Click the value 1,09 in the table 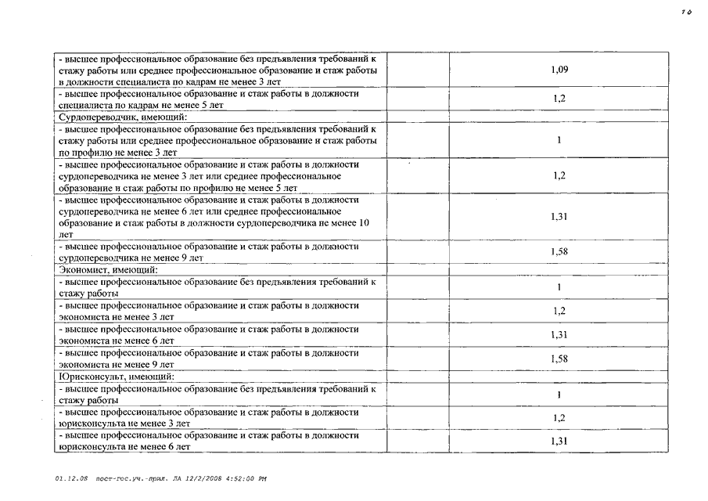coord(559,70)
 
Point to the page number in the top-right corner coord(686,12)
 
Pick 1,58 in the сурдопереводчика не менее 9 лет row coord(559,251)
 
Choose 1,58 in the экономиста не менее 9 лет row coord(559,358)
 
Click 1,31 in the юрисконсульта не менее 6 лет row coord(559,441)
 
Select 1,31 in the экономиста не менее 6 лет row coord(559,334)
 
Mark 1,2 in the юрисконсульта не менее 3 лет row coord(559,418)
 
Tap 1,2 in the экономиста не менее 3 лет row coord(559,311)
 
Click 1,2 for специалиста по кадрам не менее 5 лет coord(559,99)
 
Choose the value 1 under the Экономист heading coord(559,287)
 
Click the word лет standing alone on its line coord(64,234)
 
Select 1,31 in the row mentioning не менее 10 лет coord(559,217)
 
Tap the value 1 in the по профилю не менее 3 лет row coord(559,141)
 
